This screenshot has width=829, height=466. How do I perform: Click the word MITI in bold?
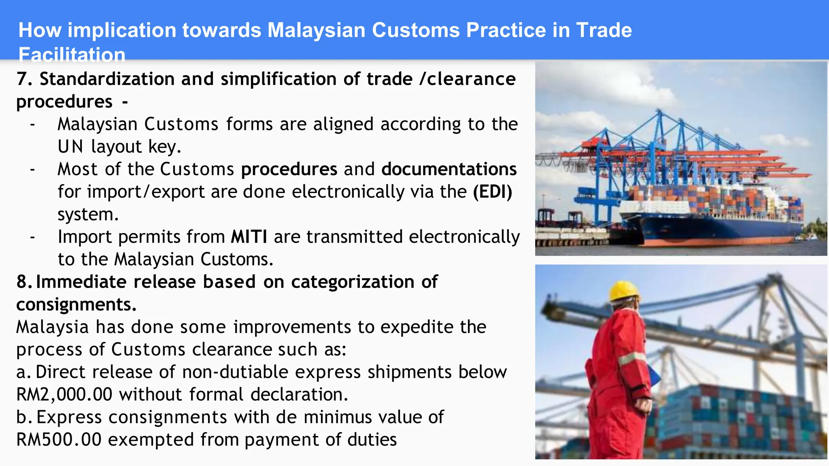[249, 237]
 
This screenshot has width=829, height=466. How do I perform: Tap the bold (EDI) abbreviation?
[492, 192]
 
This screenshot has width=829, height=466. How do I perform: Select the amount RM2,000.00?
[64, 394]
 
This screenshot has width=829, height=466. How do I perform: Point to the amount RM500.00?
[59, 440]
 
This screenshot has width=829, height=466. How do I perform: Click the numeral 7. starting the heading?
[24, 79]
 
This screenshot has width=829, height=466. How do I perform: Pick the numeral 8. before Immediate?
[24, 282]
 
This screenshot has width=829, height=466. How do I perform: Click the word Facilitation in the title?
[72, 55]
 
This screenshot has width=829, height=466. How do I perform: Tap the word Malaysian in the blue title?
[316, 30]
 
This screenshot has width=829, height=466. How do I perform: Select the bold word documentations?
[449, 169]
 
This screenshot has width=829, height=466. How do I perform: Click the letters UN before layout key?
[70, 146]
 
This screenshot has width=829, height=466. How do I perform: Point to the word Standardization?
[107, 79]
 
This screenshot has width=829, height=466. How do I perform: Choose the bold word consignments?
[76, 305]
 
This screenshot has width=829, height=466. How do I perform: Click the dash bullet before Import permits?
[32, 237]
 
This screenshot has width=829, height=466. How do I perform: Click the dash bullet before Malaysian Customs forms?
[32, 124]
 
